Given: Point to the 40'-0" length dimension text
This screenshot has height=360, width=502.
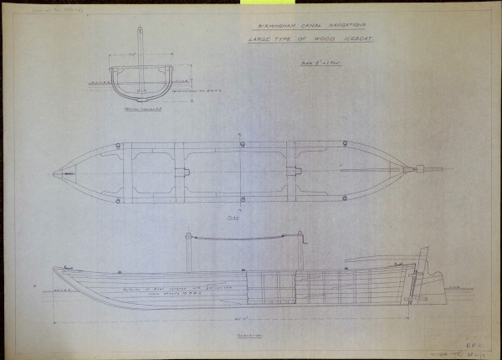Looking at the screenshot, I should pos(240,319).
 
